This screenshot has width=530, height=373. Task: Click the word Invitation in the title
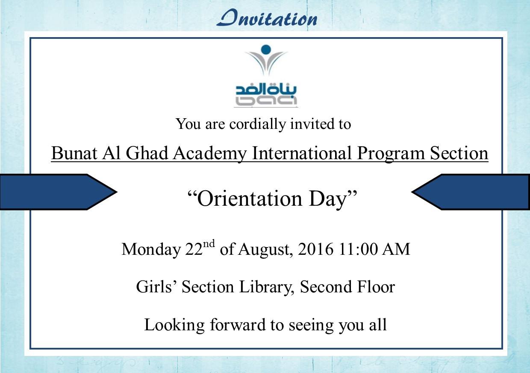(267, 18)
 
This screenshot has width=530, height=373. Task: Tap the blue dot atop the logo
(266, 50)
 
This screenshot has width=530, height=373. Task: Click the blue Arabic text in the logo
(266, 90)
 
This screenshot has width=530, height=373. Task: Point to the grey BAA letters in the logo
(266, 101)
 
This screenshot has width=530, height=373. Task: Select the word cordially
(257, 124)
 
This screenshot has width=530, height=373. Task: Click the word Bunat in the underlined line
(74, 153)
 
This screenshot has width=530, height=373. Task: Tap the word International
(302, 153)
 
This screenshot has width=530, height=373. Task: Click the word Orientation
(249, 199)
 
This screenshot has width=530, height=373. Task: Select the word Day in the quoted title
(327, 200)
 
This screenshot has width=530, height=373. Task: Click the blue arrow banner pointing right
(59, 192)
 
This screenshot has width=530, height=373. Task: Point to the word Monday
(151, 250)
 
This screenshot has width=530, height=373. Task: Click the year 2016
(315, 249)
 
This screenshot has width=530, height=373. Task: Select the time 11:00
(358, 249)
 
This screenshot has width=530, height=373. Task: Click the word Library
(267, 288)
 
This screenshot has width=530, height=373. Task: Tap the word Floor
(376, 287)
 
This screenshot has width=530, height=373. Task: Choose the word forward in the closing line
(238, 325)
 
